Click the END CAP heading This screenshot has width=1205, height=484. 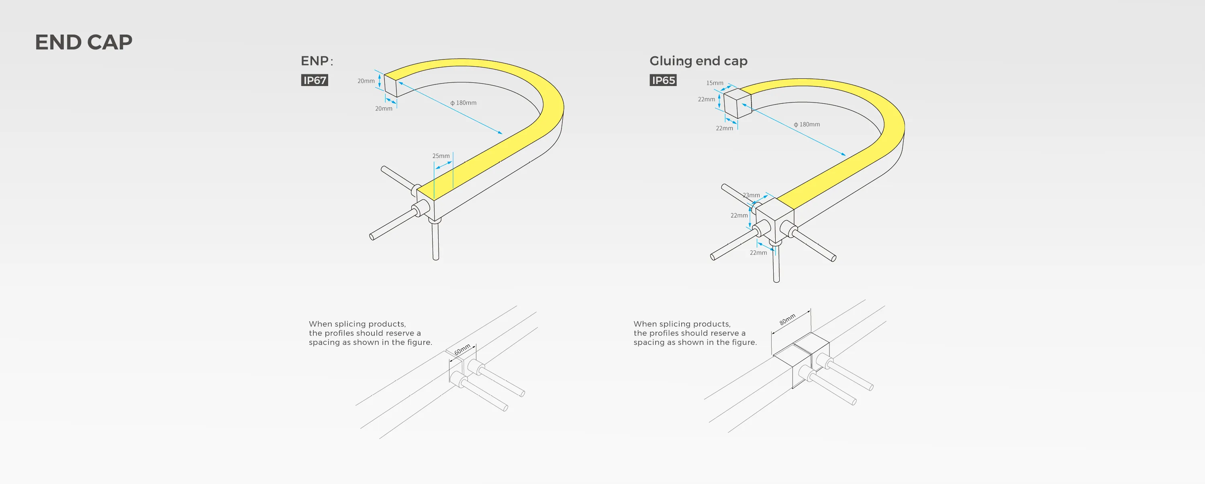[84, 42]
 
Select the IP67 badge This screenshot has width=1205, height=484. [315, 80]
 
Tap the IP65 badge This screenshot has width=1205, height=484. [663, 80]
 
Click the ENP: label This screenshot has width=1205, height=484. [317, 61]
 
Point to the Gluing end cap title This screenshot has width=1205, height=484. [698, 61]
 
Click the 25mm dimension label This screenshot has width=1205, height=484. [441, 156]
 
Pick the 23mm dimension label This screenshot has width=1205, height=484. [751, 195]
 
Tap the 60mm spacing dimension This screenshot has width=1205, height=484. [462, 349]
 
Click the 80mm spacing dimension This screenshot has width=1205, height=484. [787, 320]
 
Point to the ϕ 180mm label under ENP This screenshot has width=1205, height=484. [463, 103]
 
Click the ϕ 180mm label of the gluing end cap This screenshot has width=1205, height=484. [807, 125]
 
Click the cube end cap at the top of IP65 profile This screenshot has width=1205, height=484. [737, 103]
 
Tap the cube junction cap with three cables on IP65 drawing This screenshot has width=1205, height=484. [775, 220]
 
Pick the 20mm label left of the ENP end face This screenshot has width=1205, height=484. [366, 81]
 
